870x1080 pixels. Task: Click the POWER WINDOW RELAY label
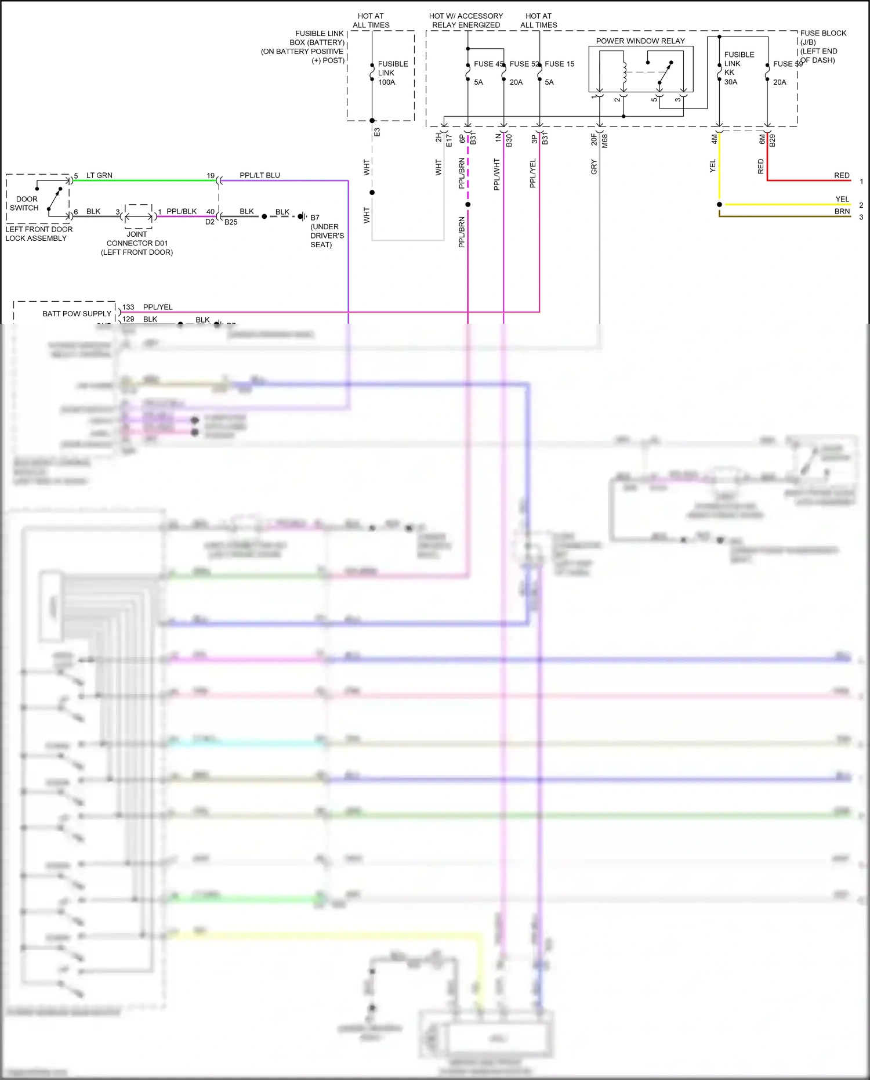tap(640, 41)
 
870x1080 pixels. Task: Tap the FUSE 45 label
tap(488, 64)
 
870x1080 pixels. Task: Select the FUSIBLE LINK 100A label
tap(393, 73)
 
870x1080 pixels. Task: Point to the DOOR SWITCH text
tap(25, 203)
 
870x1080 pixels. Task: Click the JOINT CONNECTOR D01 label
tap(137, 243)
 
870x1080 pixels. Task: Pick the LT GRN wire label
tap(99, 175)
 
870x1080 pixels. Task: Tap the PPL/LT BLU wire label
tap(260, 175)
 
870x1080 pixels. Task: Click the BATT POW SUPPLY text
tap(77, 313)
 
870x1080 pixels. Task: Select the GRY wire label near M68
tap(594, 167)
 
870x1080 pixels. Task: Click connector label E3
tap(377, 132)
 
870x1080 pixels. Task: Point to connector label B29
tap(773, 140)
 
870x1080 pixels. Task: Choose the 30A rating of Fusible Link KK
tap(731, 82)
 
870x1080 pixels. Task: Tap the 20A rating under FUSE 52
tap(516, 82)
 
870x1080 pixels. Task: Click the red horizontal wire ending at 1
tap(812, 180)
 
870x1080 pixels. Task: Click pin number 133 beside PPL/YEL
tap(128, 307)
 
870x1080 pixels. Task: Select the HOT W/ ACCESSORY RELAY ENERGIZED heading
tap(466, 20)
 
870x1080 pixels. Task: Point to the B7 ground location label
tap(315, 218)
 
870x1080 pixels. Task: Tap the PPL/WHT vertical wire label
tap(497, 174)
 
